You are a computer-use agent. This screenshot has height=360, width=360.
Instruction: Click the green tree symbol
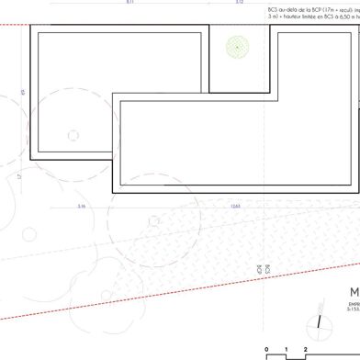point(238,45)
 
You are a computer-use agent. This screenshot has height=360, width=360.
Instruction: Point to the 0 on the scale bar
point(266,350)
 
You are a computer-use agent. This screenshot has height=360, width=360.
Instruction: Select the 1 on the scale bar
point(286,350)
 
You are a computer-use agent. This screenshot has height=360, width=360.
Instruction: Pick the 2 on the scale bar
point(305,350)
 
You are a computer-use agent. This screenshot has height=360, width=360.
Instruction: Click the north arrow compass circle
point(323,325)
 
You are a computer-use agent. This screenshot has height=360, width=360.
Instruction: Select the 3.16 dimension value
point(82,206)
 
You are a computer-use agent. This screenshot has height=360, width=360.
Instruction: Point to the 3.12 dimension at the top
point(239,3)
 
